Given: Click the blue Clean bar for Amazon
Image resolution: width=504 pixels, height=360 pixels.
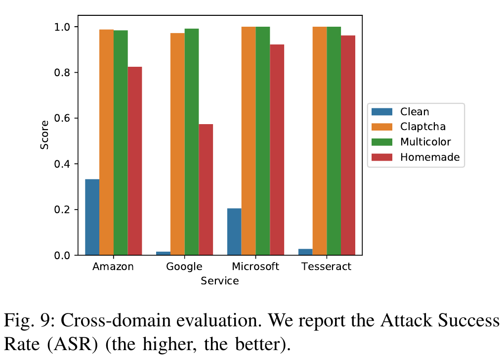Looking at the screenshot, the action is (x=92, y=217).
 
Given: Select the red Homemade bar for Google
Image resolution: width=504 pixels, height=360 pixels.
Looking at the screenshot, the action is (x=206, y=190).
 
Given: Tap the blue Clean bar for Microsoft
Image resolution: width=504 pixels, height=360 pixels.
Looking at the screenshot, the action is (x=234, y=231).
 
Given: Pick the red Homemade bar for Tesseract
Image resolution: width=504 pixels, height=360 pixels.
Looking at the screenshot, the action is (x=348, y=145).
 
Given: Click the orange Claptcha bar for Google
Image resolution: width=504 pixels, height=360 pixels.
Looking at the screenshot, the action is (x=177, y=144).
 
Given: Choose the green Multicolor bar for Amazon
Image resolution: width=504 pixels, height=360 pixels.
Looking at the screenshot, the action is (x=121, y=143).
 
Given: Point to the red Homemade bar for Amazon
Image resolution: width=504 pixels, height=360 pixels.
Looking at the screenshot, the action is (x=135, y=161).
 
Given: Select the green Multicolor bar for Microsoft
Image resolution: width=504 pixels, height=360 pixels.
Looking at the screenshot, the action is (x=263, y=141).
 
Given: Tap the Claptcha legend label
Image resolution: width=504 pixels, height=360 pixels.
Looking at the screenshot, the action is (x=423, y=127).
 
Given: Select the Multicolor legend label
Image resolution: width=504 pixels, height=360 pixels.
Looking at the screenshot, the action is (x=425, y=142).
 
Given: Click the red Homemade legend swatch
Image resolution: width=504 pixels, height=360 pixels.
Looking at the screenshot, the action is (x=382, y=157).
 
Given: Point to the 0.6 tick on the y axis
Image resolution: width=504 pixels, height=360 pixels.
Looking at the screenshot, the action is (x=76, y=118).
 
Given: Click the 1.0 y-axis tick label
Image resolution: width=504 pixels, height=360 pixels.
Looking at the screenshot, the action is (x=62, y=27).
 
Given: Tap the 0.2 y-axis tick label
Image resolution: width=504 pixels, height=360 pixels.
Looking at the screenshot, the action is (x=62, y=210).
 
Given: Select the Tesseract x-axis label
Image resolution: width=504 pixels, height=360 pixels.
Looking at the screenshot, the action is (x=326, y=267).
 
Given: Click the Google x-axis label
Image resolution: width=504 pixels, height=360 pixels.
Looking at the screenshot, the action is (x=184, y=267).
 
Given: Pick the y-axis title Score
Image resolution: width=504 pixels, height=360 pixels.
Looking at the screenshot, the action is (x=44, y=135).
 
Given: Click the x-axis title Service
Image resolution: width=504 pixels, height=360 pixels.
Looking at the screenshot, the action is (x=220, y=281).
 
